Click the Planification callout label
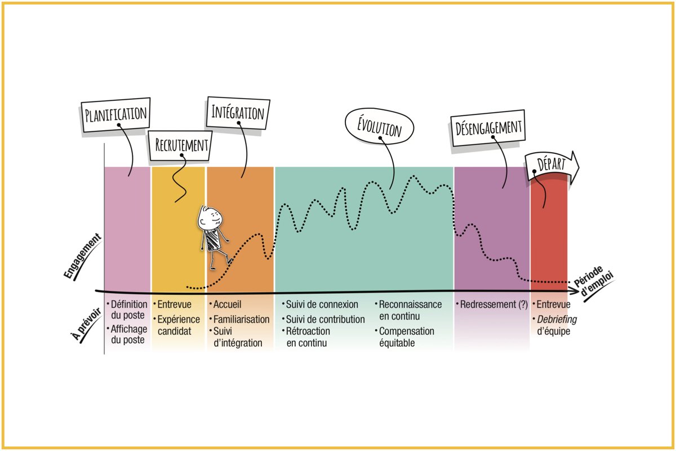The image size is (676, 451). click(116, 113)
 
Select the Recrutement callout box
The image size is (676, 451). click(182, 145)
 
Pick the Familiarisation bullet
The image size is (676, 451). click(241, 319)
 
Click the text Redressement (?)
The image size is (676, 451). click(493, 305)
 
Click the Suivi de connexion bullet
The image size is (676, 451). click(322, 305)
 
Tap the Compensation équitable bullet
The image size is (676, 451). click(406, 337)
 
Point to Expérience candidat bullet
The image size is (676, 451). click(178, 325)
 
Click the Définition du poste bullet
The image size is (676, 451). click(127, 310)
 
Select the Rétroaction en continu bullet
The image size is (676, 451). click(308, 337)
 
